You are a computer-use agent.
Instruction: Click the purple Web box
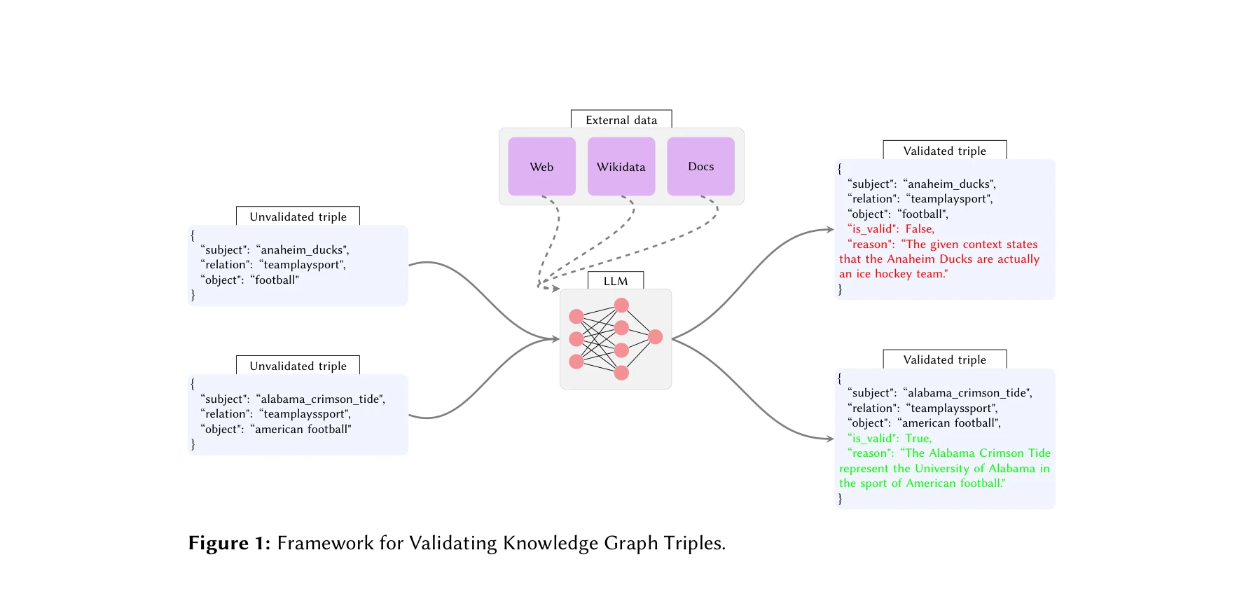[541, 167]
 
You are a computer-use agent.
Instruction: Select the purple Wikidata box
[621, 167]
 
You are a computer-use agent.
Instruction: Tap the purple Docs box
[700, 167]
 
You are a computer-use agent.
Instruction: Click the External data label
[621, 120]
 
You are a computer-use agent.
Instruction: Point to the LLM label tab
[616, 281]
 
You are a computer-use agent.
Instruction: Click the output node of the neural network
[656, 337]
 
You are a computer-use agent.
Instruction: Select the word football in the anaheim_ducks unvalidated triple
[276, 280]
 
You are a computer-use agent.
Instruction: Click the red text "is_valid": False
[891, 229]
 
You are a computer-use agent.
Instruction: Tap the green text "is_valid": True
[890, 439]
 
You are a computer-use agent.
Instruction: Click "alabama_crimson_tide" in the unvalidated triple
[322, 399]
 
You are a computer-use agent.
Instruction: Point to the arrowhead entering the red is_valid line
[831, 229]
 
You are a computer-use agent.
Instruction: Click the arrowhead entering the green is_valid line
[831, 439]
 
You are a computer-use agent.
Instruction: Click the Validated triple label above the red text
[944, 151]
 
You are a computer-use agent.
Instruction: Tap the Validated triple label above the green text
[944, 359]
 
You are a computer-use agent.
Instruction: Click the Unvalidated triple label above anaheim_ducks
[298, 217]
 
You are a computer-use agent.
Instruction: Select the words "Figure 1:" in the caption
[229, 544]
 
